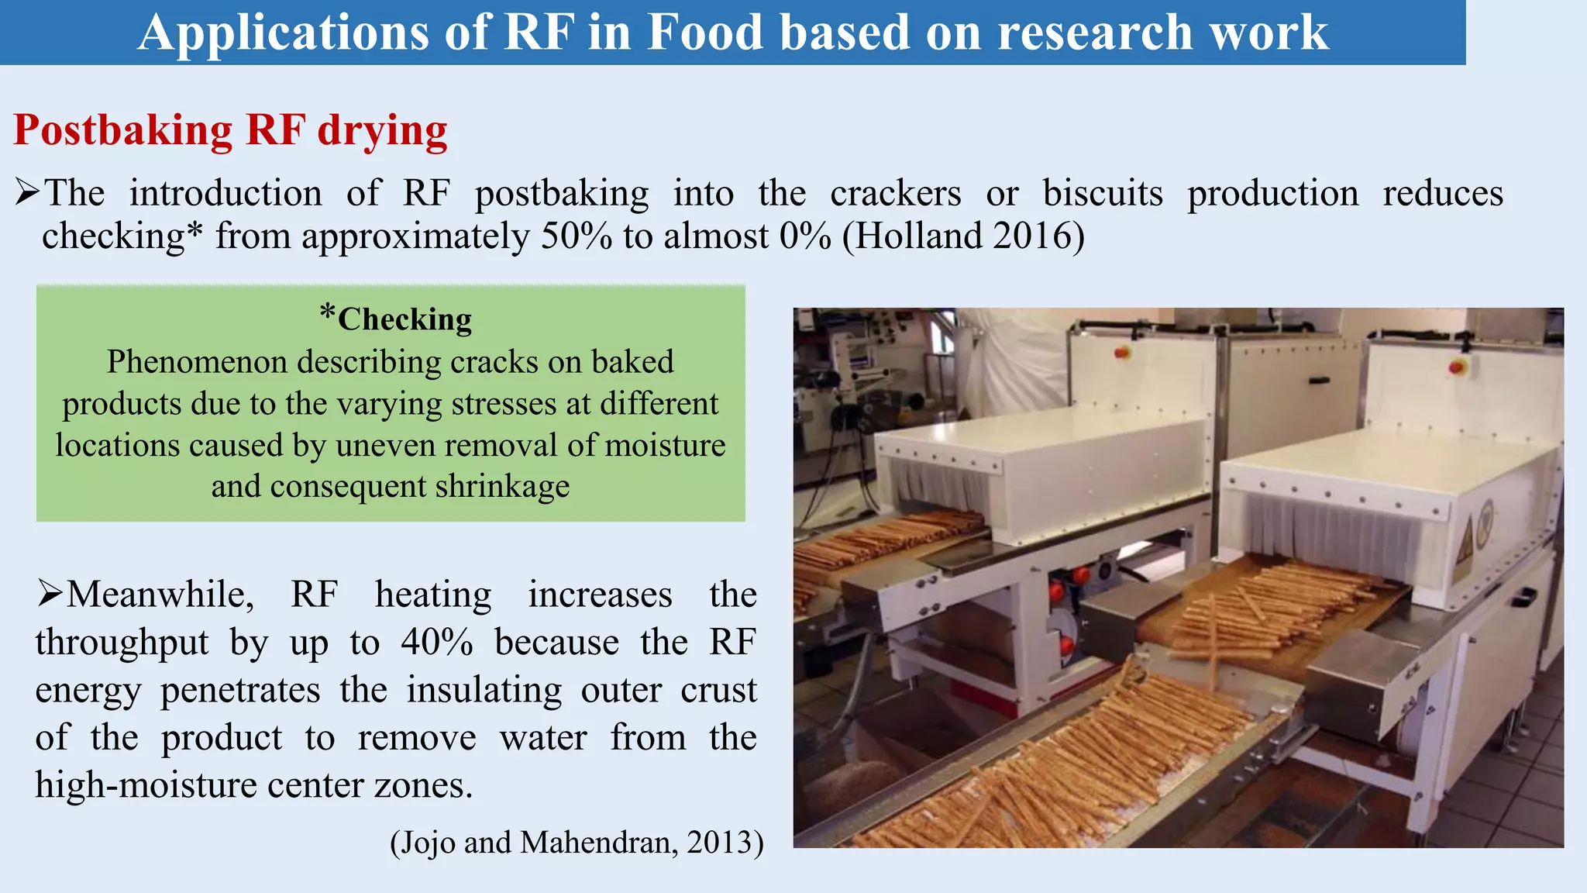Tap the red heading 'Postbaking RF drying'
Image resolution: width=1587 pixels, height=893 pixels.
(230, 129)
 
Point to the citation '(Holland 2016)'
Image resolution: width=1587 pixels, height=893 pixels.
(963, 236)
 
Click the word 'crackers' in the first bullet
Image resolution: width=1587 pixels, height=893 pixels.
(895, 193)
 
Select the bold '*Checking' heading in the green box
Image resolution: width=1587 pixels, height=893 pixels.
(396, 319)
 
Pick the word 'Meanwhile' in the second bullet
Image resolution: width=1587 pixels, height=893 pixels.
(160, 595)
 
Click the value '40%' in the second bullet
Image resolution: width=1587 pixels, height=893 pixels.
(436, 643)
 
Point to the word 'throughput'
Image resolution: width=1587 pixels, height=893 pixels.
(122, 643)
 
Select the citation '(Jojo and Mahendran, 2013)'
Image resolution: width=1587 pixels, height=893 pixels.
(577, 842)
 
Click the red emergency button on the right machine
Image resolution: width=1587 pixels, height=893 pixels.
(1457, 366)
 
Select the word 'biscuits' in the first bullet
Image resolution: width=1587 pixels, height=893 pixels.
(1102, 193)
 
